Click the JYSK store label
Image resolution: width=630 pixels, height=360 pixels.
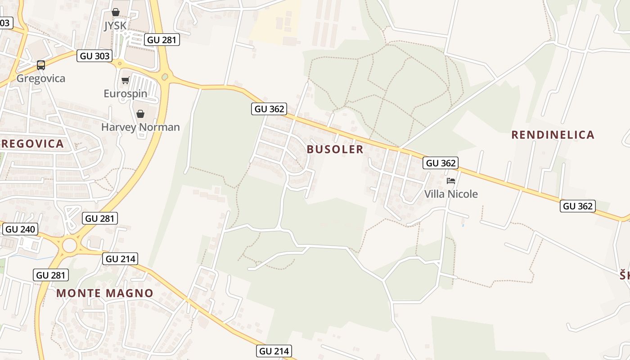pos(116,26)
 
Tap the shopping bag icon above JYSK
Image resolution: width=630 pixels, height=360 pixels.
pos(116,12)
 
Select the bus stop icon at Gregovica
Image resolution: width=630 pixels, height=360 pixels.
pos(41,65)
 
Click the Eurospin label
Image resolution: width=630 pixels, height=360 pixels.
pos(125,94)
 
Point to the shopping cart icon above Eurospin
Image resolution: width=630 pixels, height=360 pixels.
pos(125,81)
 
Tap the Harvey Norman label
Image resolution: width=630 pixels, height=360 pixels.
pos(140,127)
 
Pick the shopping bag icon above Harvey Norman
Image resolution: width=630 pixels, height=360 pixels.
pos(140,113)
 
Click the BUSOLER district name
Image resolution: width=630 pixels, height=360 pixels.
pos(335,149)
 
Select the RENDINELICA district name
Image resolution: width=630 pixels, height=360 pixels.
pos(553,135)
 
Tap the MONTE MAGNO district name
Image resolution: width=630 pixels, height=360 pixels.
pos(105,293)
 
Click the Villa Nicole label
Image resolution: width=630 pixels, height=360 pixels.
pos(451,194)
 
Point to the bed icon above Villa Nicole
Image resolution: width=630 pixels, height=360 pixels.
pos(451,181)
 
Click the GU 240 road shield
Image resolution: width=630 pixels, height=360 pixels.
pos(20,229)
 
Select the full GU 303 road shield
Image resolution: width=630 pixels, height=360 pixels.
pos(94,56)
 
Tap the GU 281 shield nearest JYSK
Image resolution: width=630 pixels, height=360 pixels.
pos(162,40)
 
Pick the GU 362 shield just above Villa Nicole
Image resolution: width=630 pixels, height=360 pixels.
pos(441,163)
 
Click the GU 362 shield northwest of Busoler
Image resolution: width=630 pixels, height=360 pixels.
pos(269,109)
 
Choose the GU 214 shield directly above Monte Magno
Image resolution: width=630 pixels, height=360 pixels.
pos(120,259)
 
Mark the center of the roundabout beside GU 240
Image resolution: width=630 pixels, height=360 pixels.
pos(70,246)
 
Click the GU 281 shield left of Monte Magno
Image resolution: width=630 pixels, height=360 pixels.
pos(51,275)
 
